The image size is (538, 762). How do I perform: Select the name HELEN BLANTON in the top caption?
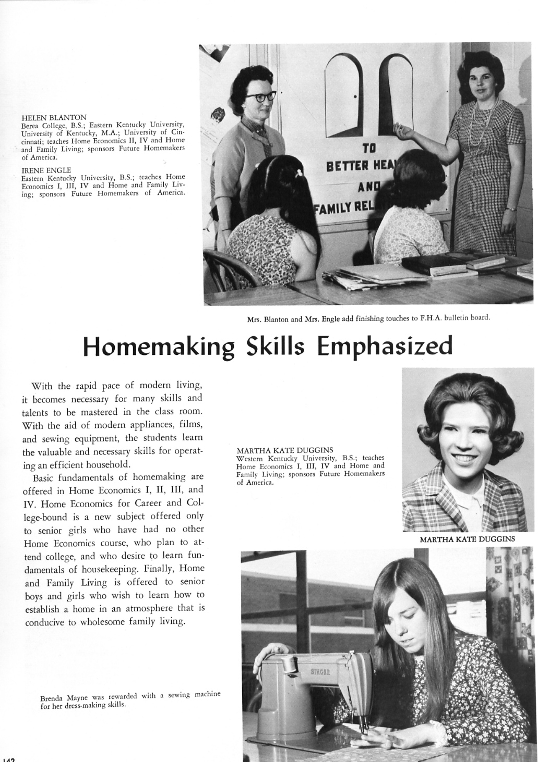click(x=54, y=117)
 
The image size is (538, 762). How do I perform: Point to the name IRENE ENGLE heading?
click(x=46, y=170)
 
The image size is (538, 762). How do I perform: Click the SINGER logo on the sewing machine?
click(x=320, y=671)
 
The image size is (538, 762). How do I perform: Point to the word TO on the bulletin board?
click(x=369, y=148)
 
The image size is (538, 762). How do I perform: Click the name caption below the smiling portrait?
click(x=467, y=539)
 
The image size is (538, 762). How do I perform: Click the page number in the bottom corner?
click(x=8, y=758)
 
